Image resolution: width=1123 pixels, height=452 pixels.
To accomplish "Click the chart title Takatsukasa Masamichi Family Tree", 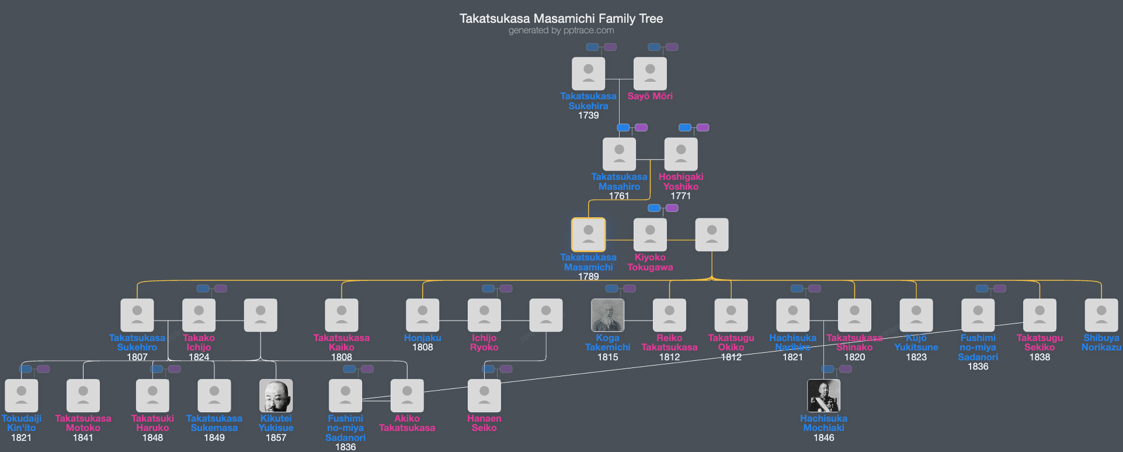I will pyautogui.click(x=561, y=19).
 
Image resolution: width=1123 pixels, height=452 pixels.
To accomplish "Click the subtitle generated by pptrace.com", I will pyautogui.click(x=561, y=30).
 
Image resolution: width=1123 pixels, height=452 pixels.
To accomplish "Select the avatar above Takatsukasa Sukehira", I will pyautogui.click(x=588, y=74).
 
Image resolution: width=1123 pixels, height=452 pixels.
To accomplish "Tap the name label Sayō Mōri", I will pyautogui.click(x=650, y=96).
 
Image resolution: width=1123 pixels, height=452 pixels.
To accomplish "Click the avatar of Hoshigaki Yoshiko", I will pyautogui.click(x=681, y=154).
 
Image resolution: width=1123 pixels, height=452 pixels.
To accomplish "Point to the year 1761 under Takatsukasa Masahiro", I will pyautogui.click(x=619, y=196).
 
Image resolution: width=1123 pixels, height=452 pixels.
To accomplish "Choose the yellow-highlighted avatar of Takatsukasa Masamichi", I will pyautogui.click(x=588, y=235).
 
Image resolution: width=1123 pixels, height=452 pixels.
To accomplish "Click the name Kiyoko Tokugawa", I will pyautogui.click(x=650, y=262).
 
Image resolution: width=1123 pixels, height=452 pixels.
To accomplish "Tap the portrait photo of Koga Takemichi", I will pyautogui.click(x=607, y=315).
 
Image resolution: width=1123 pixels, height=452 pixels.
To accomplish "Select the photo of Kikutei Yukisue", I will pyautogui.click(x=276, y=396).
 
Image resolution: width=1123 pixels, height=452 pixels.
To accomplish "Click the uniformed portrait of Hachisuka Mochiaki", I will pyautogui.click(x=823, y=396).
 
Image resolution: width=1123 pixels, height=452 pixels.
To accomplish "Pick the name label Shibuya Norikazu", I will pyautogui.click(x=1101, y=343).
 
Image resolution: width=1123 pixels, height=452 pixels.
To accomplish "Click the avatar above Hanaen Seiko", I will pyautogui.click(x=484, y=396).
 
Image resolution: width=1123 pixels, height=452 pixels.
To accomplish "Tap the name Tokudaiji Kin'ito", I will pyautogui.click(x=22, y=423).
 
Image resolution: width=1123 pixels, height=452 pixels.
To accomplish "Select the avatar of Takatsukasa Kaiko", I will pyautogui.click(x=342, y=315).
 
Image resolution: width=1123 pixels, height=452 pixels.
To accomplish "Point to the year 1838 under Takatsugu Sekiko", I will pyautogui.click(x=1039, y=357).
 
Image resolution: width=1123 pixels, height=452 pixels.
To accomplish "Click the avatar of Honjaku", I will pyautogui.click(x=422, y=315).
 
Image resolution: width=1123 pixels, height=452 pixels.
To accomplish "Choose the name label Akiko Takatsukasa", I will pyautogui.click(x=407, y=423).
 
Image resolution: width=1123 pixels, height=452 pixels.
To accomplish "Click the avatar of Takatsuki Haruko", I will pyautogui.click(x=152, y=396).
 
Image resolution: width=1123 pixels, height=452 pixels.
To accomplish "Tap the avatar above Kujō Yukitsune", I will pyautogui.click(x=916, y=315).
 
